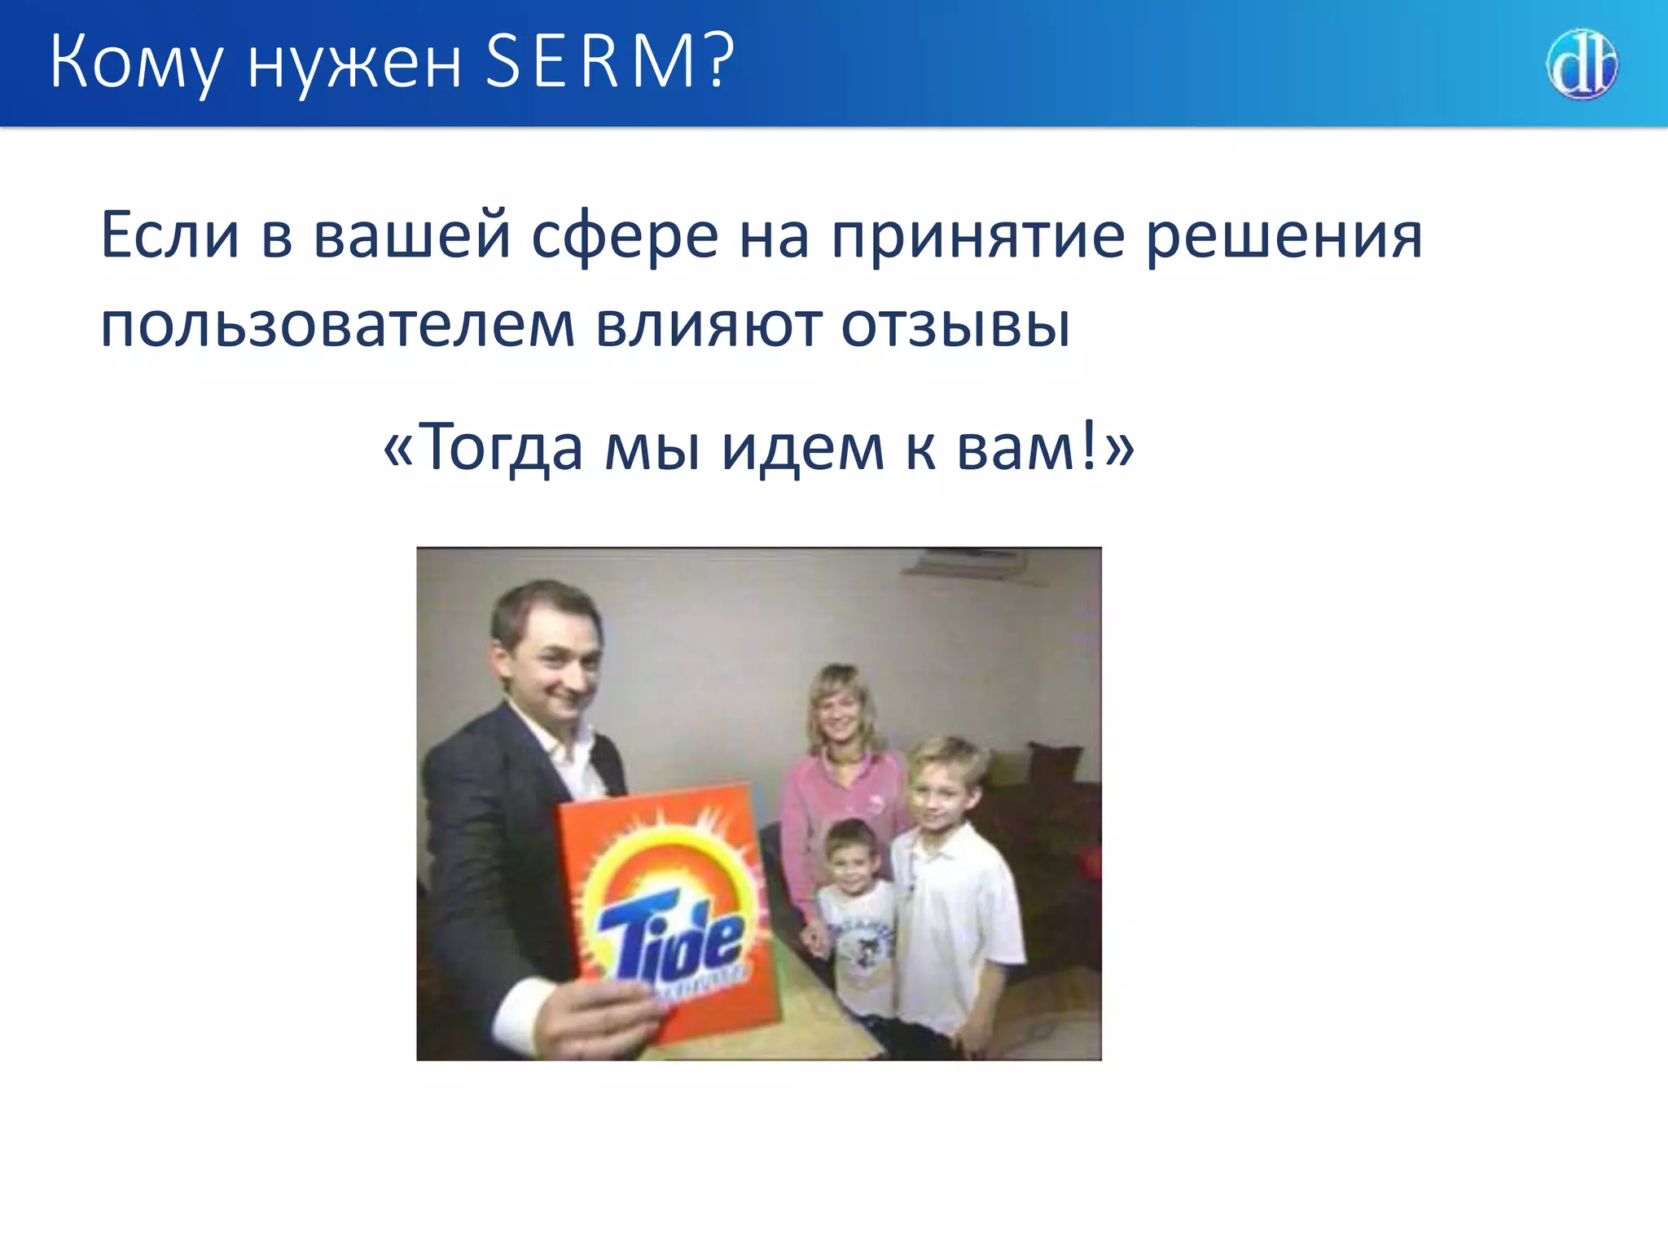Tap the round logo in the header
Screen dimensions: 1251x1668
[1582, 64]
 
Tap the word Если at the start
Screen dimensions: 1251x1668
[169, 236]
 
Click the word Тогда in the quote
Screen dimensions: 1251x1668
[503, 448]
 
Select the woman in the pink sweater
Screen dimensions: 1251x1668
[839, 774]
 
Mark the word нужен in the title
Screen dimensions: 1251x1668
[353, 64]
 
